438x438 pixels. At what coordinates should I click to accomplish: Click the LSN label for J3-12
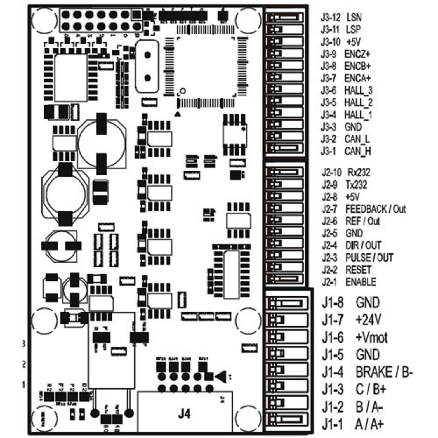pyautogui.click(x=354, y=18)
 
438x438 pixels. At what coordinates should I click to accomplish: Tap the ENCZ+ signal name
pyautogui.click(x=357, y=54)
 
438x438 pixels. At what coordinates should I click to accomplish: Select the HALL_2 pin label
pyautogui.click(x=359, y=103)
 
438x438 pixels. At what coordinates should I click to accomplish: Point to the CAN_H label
pyautogui.click(x=358, y=152)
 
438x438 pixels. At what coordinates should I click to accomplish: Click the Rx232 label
pyautogui.click(x=359, y=173)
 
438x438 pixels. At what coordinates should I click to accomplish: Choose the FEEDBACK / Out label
pyautogui.click(x=376, y=209)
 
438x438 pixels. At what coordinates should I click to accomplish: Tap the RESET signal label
pyautogui.click(x=359, y=270)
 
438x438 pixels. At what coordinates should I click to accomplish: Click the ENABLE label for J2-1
pyautogui.click(x=361, y=282)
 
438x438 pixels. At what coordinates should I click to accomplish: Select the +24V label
pyautogui.click(x=369, y=320)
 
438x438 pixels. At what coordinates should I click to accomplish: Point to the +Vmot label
pyautogui.click(x=372, y=338)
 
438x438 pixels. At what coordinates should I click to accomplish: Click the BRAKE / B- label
pyautogui.click(x=384, y=372)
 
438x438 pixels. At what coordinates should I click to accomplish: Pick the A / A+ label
pyautogui.click(x=369, y=424)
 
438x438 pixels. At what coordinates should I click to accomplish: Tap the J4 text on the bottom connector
pyautogui.click(x=184, y=414)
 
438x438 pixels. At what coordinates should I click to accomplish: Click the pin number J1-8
pyautogui.click(x=333, y=303)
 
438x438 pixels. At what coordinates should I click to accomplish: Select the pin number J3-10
pyautogui.click(x=331, y=42)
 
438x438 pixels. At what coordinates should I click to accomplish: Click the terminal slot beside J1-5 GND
pyautogui.click(x=288, y=354)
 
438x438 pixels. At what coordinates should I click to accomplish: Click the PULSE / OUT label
pyautogui.click(x=369, y=258)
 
